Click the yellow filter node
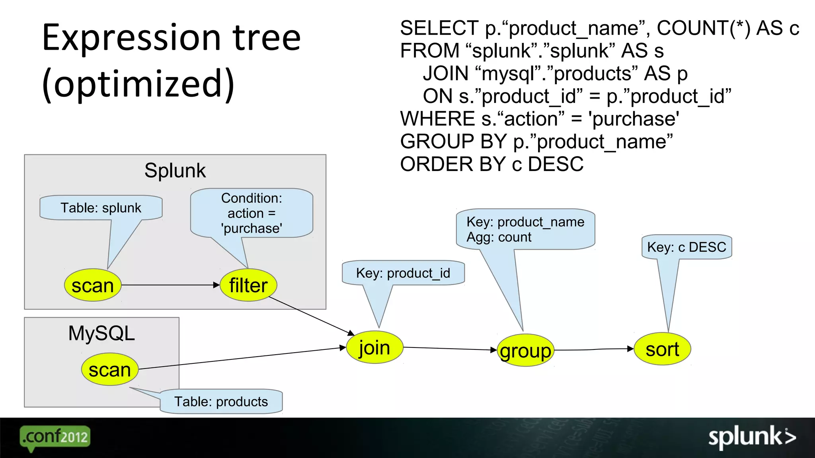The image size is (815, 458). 248,285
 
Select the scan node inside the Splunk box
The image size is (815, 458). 93,285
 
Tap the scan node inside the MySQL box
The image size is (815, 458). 110,370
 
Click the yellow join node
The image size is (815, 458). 374,347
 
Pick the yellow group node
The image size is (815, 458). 525,351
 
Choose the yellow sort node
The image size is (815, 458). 662,349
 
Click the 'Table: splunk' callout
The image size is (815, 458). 101,208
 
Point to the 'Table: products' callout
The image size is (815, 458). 221,402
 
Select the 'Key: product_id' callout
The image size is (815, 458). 403,273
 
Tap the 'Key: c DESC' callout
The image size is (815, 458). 686,247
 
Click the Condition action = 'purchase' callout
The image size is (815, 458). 252,213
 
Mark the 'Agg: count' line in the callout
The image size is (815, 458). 499,237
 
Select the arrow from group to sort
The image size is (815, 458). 593,349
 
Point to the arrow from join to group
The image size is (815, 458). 450,349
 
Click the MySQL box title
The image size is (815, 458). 101,333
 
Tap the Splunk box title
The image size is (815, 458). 175,171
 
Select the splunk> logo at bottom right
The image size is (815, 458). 752,437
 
